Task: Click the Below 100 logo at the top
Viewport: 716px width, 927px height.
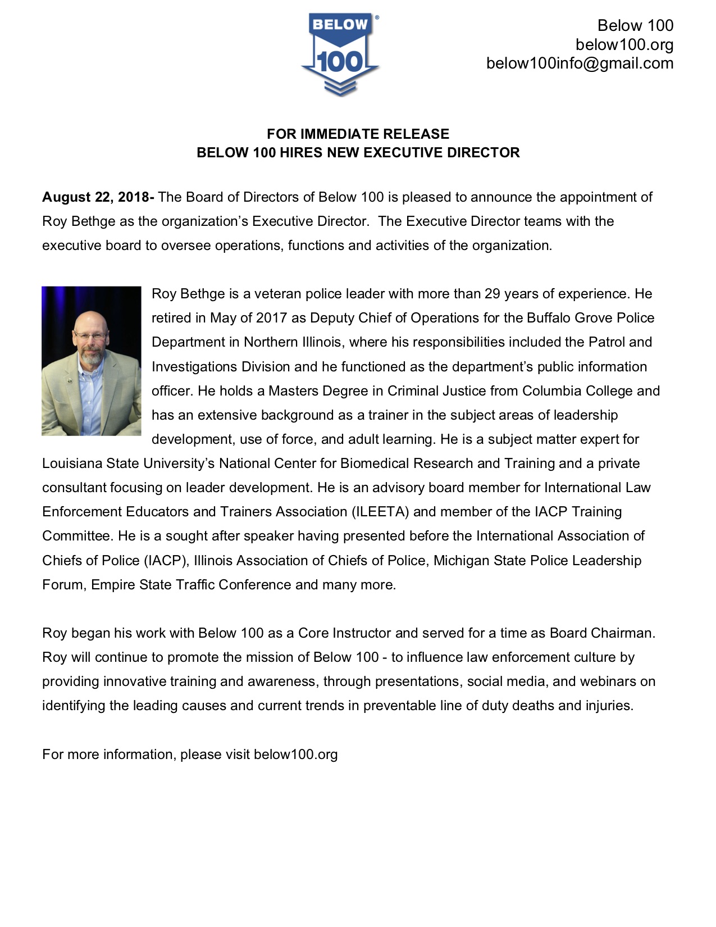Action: pos(340,55)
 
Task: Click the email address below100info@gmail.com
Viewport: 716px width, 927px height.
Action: pos(580,63)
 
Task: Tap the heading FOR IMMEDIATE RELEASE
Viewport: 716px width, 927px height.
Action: pos(358,134)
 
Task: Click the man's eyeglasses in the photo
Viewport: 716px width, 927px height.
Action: pos(90,335)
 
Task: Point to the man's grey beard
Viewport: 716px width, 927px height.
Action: pos(92,356)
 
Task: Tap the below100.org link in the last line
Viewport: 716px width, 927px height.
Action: pos(295,755)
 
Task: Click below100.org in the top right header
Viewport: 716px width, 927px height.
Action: pos(624,44)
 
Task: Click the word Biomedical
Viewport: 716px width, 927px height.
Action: pos(373,463)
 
